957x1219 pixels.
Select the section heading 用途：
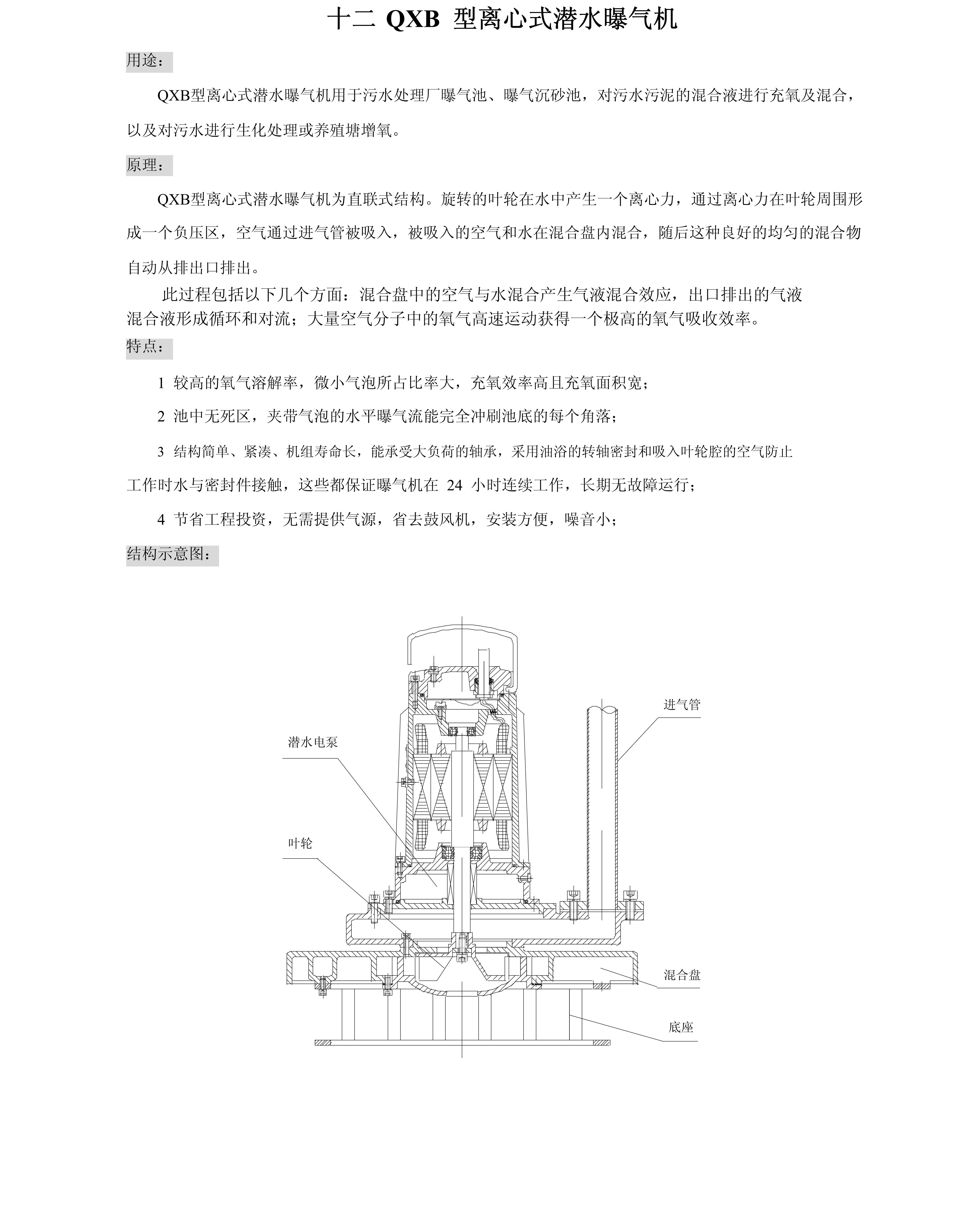click(146, 61)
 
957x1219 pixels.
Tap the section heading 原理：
click(146, 165)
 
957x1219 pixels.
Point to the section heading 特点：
click(146, 347)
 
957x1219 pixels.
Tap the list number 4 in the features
click(161, 520)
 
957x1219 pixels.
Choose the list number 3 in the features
click(161, 452)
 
